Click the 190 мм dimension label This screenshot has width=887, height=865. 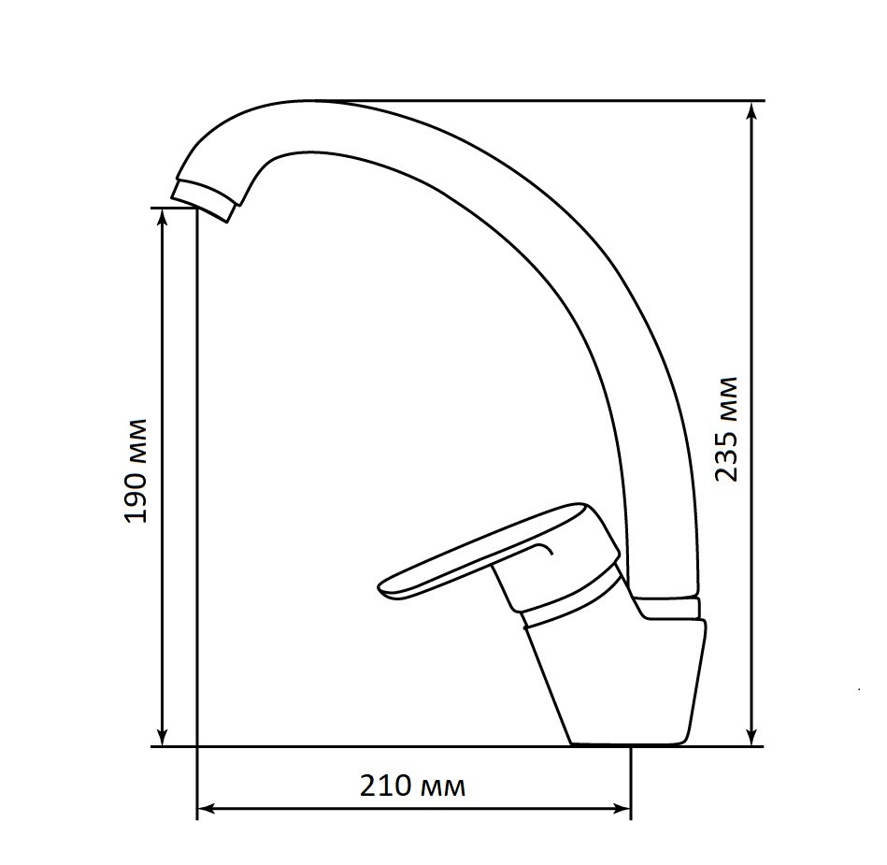(136, 470)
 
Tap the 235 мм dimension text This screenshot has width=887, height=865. (726, 428)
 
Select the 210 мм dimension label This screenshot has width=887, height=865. (413, 786)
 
